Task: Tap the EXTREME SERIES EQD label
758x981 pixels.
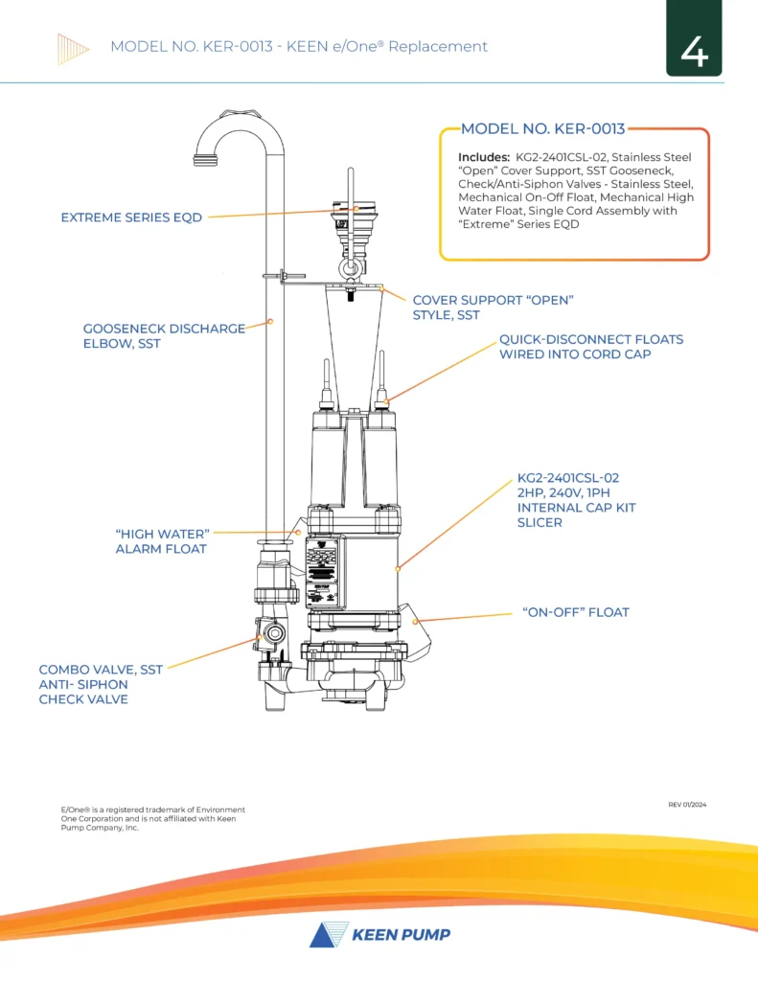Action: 131,217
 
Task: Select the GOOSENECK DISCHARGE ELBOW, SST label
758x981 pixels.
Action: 164,336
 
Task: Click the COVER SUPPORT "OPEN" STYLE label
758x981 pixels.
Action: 493,308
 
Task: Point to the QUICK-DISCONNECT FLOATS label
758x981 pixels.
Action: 591,347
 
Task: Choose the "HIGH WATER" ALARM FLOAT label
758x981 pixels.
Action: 161,540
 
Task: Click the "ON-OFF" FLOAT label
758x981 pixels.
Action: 575,612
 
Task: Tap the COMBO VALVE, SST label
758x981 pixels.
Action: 100,684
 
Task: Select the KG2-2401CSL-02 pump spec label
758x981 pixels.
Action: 576,499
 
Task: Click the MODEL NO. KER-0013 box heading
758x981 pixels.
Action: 542,129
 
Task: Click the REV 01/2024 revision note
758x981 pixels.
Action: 687,805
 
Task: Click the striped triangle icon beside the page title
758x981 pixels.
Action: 74,47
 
